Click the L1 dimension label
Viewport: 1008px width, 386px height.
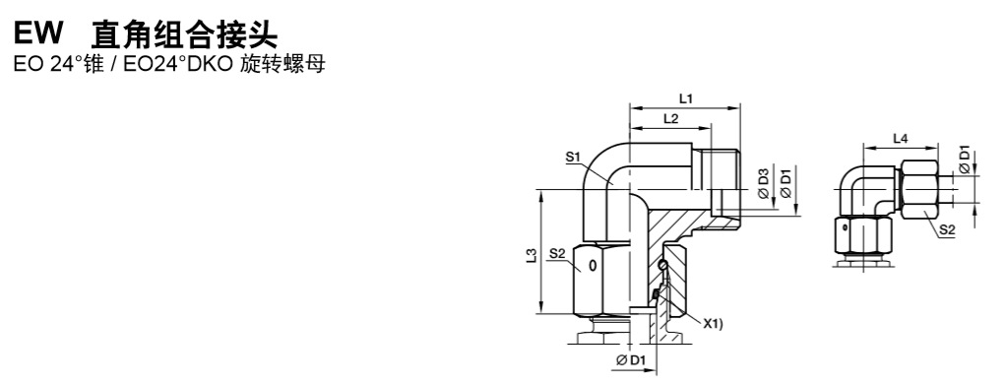(685, 99)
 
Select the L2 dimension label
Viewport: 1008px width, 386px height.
(670, 119)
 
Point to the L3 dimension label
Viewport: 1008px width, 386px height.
(531, 257)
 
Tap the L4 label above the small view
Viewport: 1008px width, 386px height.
(900, 138)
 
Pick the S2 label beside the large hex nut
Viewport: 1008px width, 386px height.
(557, 255)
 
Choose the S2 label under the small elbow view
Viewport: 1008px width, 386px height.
(947, 229)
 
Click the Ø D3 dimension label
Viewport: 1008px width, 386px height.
(764, 184)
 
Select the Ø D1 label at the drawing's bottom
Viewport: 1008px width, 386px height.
(631, 361)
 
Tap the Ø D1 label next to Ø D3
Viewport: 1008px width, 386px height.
(785, 182)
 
